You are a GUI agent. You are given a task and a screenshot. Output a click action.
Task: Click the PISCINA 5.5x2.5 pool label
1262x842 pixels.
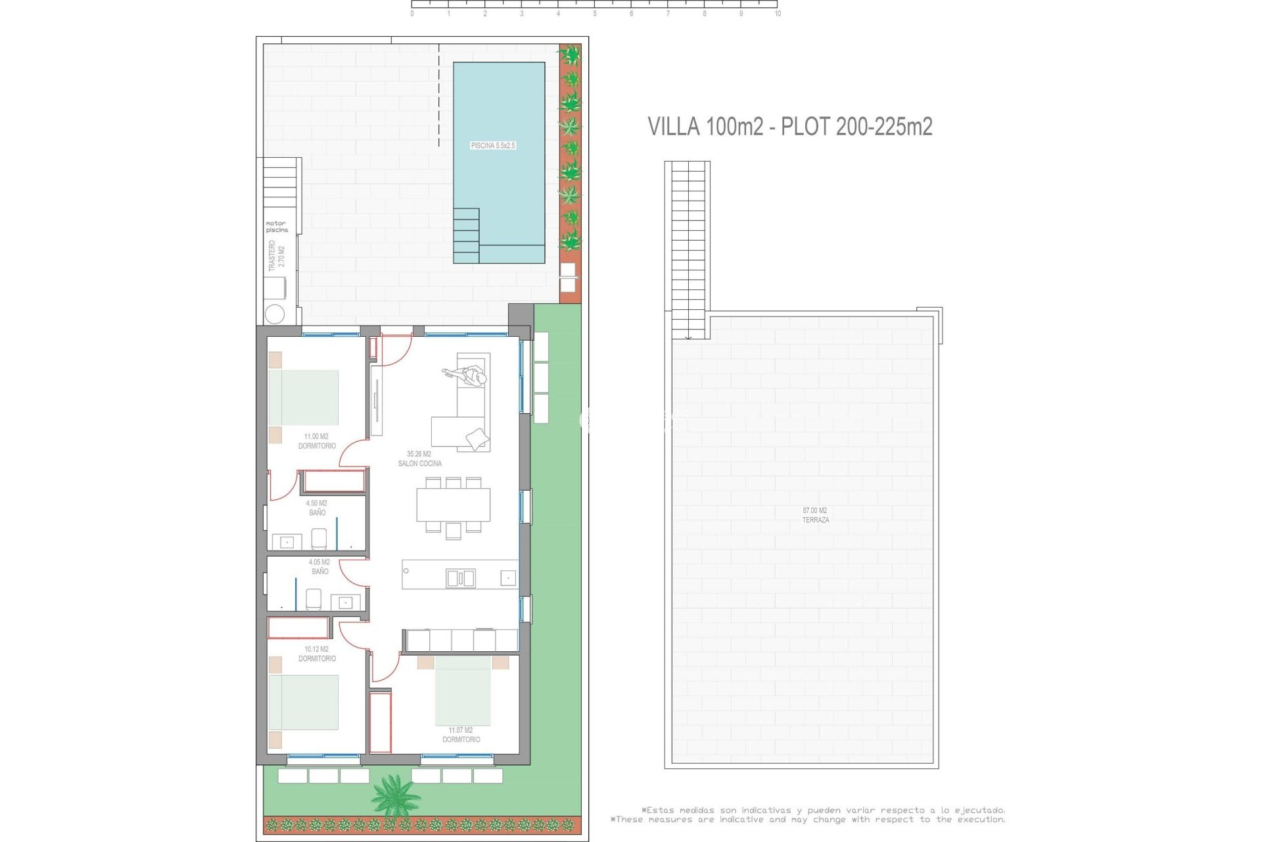coord(493,145)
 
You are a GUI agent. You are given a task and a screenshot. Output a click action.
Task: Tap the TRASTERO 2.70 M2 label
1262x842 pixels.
coord(277,256)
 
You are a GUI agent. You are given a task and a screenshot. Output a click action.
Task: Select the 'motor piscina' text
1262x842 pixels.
coord(277,227)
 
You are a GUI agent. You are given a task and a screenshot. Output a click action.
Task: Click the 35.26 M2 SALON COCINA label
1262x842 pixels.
coord(419,458)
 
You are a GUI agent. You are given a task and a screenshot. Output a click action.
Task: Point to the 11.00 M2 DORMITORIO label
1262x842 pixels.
coord(317,441)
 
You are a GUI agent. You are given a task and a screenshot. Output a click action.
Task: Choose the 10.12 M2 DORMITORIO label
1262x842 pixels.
coord(317,654)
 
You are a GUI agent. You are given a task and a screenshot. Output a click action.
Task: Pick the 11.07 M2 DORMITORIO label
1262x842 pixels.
coord(461,735)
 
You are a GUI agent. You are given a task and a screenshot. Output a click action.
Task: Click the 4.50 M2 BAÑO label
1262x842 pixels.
coord(317,508)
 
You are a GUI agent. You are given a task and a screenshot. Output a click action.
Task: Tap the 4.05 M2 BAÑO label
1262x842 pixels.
coord(319,567)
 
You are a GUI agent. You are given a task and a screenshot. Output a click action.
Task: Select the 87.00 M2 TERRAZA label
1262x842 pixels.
coord(815,515)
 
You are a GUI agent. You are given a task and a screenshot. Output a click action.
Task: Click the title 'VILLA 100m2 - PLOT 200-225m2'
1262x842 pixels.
coord(789,126)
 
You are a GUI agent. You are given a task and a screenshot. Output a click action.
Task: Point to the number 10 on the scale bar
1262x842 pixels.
coord(778,14)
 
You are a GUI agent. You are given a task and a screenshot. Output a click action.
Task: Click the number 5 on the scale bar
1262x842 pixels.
coord(595,14)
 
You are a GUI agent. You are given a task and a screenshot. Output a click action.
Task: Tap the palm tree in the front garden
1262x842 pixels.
coord(395,795)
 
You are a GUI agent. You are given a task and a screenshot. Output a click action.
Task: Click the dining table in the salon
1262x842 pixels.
coord(454,505)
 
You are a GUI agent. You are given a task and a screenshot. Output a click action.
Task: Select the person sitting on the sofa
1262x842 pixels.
coord(472,377)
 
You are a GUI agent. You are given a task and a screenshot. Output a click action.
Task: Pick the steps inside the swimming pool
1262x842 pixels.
coord(466,235)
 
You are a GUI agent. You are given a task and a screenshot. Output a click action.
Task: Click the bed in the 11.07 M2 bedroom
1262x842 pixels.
coord(463,689)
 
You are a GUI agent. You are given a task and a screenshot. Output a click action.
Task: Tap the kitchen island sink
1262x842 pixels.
coord(460,578)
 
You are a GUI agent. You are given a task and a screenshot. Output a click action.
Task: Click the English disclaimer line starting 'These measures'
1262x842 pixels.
coord(808,820)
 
